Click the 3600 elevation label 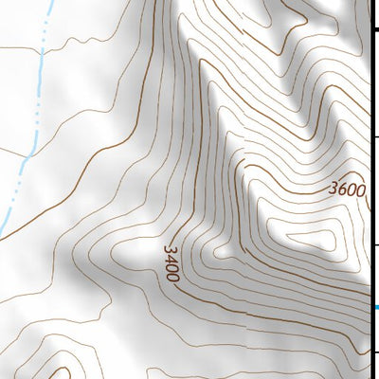pyautogui.click(x=347, y=189)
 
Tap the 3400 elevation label pyautogui.click(x=171, y=263)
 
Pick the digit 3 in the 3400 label pyautogui.click(x=169, y=250)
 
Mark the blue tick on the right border pyautogui.click(x=376, y=308)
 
